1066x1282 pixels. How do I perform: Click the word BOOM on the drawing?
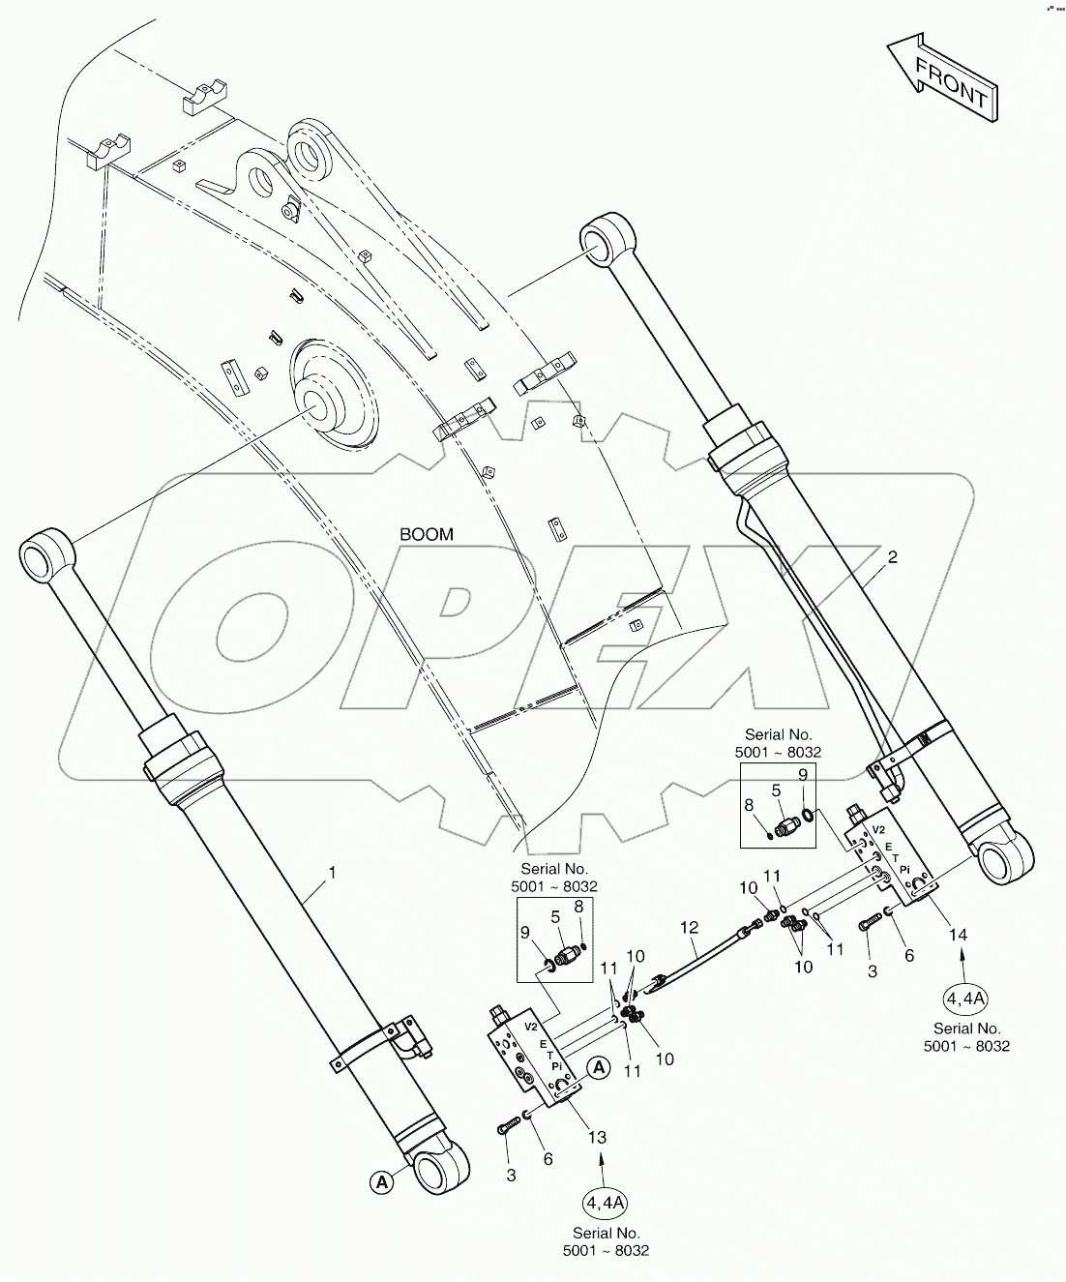pyautogui.click(x=427, y=534)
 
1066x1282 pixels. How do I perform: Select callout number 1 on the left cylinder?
pyautogui.click(x=332, y=872)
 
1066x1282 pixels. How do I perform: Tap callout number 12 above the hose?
pyautogui.click(x=688, y=927)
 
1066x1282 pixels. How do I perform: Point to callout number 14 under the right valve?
pyautogui.click(x=958, y=935)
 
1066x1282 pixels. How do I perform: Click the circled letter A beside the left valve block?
pyautogui.click(x=600, y=1067)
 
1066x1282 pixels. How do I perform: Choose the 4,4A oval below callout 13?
pyautogui.click(x=606, y=1202)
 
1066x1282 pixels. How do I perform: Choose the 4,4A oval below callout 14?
pyautogui.click(x=965, y=999)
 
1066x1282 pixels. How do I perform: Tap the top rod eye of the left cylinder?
pyautogui.click(x=46, y=556)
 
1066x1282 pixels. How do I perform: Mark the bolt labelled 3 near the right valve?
pyautogui.click(x=868, y=924)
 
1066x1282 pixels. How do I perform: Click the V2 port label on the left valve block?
pyautogui.click(x=531, y=1027)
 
